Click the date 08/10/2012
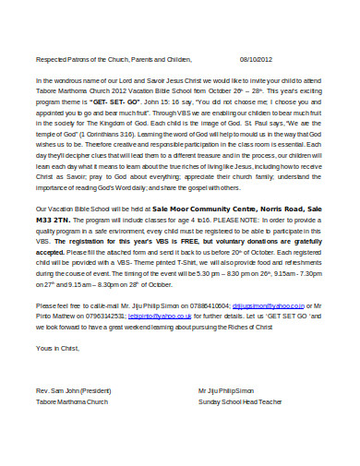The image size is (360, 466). point(256,57)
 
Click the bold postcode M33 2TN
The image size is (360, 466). point(51,221)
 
